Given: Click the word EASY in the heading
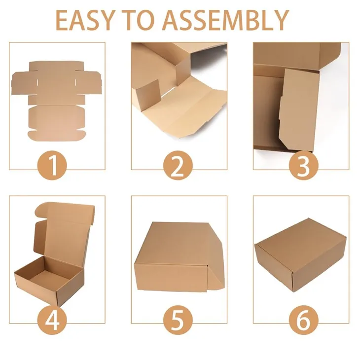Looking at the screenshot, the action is [84, 20].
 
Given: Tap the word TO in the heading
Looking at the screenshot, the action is [138, 20].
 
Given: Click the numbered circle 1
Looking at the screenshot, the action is [52, 165].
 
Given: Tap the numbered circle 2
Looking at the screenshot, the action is [178, 165].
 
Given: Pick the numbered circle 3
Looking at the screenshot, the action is [303, 165].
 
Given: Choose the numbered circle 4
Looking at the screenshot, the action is [52, 320].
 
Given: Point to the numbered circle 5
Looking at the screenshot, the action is [178, 320].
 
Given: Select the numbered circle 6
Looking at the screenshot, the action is [303, 320].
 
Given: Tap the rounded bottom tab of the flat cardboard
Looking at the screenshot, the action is [57, 136].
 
